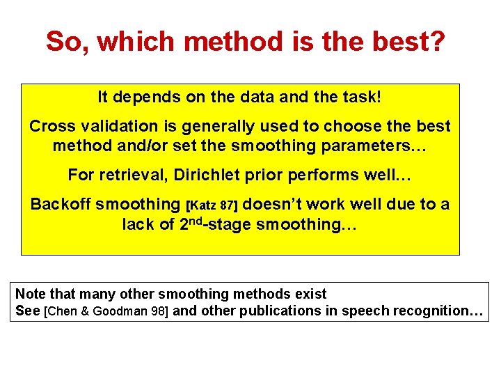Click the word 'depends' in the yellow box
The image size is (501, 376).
tap(147, 97)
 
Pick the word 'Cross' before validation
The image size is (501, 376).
tap(48, 127)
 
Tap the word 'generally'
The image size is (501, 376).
tap(194, 127)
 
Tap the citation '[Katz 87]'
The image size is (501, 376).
tap(212, 205)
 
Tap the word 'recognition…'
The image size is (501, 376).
tap(438, 311)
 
